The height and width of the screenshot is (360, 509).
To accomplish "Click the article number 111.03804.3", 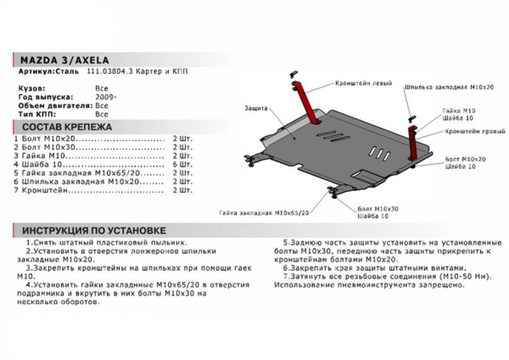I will (x=106, y=74).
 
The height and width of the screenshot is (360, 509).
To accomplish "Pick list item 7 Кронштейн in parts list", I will (x=42, y=191).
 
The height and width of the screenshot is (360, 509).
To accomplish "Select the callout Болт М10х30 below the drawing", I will (x=360, y=208).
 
